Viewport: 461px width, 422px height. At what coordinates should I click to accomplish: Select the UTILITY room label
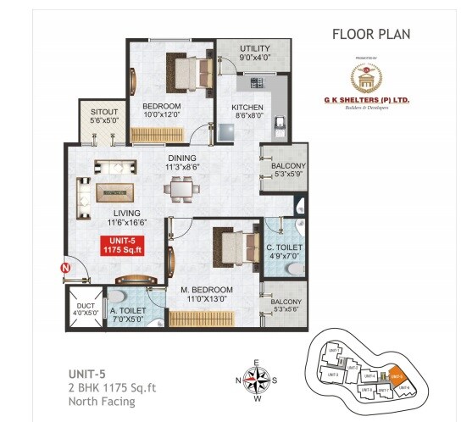254,53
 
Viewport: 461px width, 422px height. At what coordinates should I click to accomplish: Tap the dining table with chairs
182,191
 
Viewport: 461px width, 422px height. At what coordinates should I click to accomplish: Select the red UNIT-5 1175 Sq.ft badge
121,246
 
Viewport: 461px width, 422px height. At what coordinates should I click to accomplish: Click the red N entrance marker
64,270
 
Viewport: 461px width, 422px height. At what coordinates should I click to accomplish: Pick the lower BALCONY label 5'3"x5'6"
285,306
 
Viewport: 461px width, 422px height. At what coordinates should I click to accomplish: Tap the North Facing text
102,401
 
